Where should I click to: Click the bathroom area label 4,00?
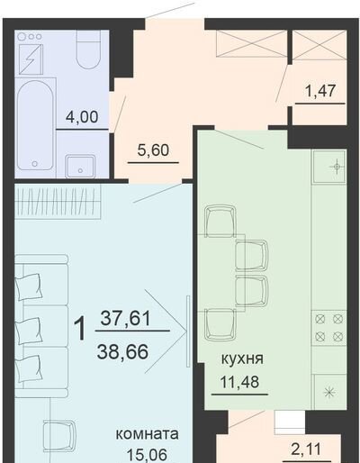coord(82,116)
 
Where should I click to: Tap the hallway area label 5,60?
coord(153,150)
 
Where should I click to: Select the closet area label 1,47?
coord(319,91)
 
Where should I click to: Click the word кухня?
coord(242,359)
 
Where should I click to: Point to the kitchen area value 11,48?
coord(239,382)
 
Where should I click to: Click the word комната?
coord(147,434)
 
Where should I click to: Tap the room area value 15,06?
coord(147,455)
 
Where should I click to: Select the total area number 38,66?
coord(122,351)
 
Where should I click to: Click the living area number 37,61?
coord(125,318)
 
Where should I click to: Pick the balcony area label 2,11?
coord(307,449)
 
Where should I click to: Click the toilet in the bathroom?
coord(88,50)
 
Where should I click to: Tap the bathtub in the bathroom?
coord(35,126)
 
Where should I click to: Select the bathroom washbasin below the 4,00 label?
coord(80,166)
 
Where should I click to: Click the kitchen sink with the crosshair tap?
coord(329,167)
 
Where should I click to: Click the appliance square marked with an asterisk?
coord(330,392)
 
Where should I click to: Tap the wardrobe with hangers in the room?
coord(58,200)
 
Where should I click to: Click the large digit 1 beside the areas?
coord(80,330)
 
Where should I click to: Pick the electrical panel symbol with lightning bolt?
coord(31,59)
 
